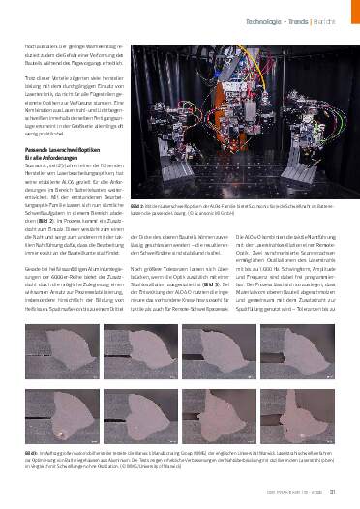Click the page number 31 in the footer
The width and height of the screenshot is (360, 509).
[333, 495]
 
